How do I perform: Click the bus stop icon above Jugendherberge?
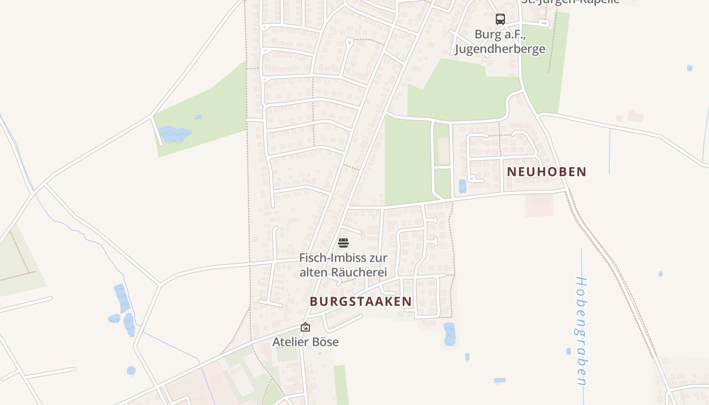[x=500, y=19]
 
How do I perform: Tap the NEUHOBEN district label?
[x=546, y=172]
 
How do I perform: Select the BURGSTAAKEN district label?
[x=361, y=301]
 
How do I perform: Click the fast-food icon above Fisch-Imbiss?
[x=343, y=243]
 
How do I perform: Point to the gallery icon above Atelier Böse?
[x=305, y=328]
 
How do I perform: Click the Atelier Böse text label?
[x=305, y=342]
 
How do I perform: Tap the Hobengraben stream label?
[x=581, y=330]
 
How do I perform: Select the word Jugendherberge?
[x=500, y=49]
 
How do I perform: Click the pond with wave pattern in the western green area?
[x=174, y=134]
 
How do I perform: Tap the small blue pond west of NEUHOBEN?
[x=462, y=186]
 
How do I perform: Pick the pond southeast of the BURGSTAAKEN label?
[x=449, y=334]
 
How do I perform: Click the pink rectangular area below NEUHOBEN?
[x=539, y=205]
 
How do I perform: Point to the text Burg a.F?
[x=500, y=34]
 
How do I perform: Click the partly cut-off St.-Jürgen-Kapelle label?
[x=570, y=2]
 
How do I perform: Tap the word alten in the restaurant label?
[x=314, y=272]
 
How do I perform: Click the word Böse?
[x=325, y=342]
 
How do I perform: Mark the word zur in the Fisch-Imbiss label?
[x=378, y=258]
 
